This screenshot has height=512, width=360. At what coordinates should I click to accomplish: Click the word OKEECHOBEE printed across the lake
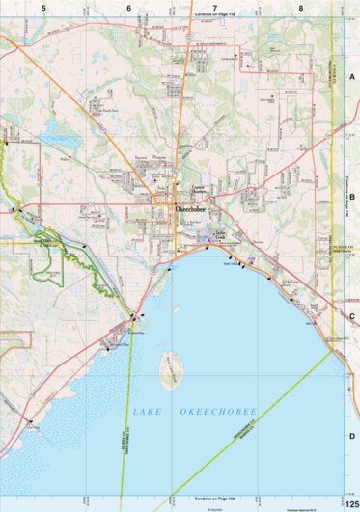click(218, 412)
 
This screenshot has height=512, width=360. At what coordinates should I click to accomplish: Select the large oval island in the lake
click(171, 366)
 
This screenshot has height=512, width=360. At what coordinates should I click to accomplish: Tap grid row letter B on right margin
click(352, 196)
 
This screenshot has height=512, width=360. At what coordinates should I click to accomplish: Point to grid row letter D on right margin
click(352, 436)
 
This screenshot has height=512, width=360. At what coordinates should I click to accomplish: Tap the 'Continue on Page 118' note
click(187, 16)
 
